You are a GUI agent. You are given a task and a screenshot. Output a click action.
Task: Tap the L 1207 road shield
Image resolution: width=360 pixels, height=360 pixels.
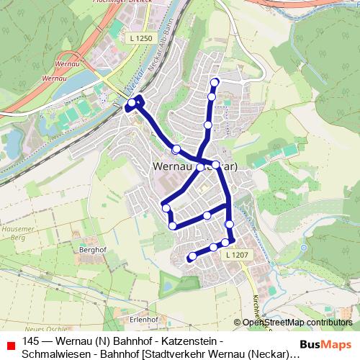coord(236,255)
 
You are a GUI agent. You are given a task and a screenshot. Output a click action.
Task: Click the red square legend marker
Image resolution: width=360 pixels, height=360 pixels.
coord(10,343)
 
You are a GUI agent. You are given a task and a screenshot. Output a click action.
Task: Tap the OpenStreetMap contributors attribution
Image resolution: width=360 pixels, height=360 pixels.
coord(297,323)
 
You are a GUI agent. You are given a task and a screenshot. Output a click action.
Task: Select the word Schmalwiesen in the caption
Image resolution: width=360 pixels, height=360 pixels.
coord(54,354)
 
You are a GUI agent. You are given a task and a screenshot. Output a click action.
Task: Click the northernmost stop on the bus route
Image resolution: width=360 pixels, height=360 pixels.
coord(215,81)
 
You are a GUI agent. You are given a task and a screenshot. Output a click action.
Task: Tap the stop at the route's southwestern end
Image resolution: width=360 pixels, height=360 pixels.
coord(192,256)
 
